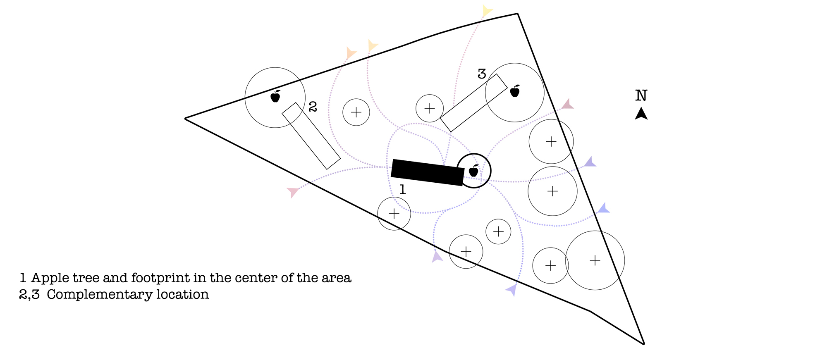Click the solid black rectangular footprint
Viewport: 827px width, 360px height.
tap(428, 172)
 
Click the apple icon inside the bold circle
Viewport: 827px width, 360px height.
tap(474, 170)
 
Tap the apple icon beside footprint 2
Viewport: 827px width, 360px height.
tap(275, 96)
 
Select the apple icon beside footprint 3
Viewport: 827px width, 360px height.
tap(515, 91)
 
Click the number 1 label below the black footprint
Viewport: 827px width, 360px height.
tap(402, 189)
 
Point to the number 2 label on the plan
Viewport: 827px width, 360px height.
tap(313, 107)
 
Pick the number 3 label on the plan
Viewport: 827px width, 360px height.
tap(482, 74)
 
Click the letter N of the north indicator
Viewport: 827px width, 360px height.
tap(641, 95)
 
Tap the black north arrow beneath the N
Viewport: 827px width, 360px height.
tap(641, 114)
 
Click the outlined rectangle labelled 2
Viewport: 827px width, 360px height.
tap(311, 136)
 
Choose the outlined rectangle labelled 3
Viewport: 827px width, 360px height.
tap(473, 103)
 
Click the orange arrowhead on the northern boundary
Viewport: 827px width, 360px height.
tap(351, 53)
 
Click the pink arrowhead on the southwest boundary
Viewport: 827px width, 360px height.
tap(293, 192)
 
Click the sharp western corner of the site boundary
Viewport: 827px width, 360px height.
tap(185, 119)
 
